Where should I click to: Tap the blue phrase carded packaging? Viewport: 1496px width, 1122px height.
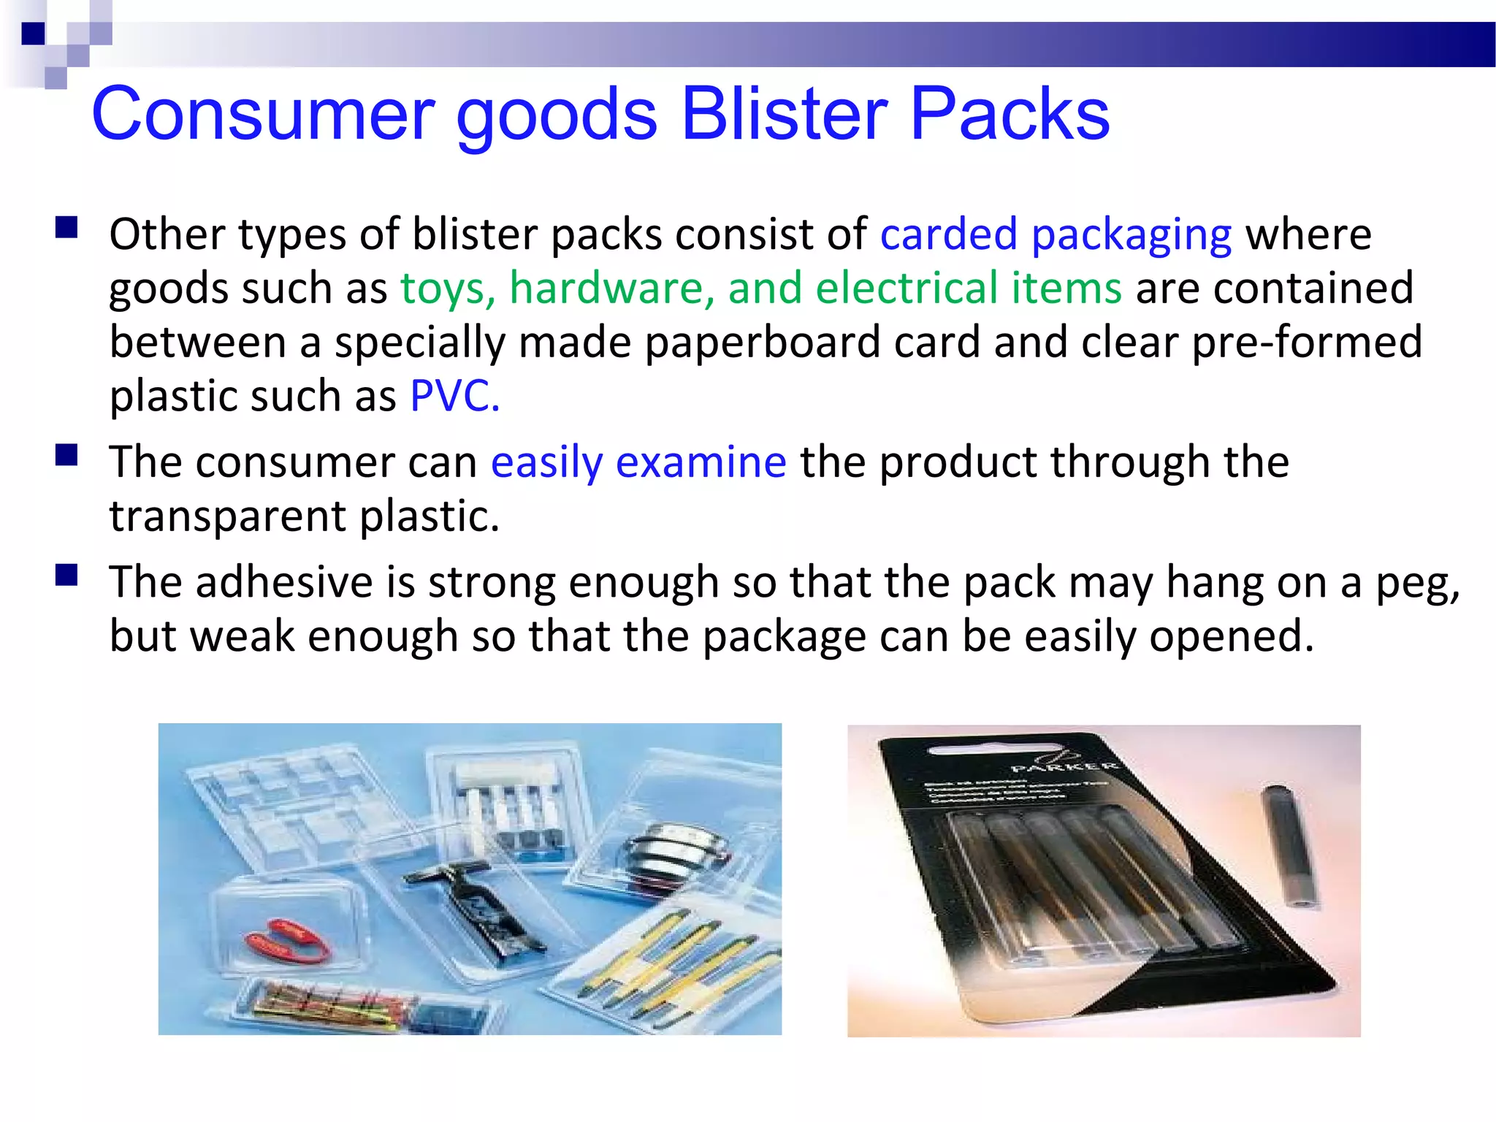coord(1056,235)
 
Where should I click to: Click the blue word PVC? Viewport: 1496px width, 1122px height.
coord(454,397)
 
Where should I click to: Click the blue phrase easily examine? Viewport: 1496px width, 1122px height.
coord(638,463)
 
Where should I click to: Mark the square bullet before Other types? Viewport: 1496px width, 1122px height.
coord(66,228)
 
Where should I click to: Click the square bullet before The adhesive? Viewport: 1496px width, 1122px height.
coord(66,576)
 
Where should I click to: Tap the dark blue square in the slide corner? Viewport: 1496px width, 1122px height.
coord(33,34)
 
